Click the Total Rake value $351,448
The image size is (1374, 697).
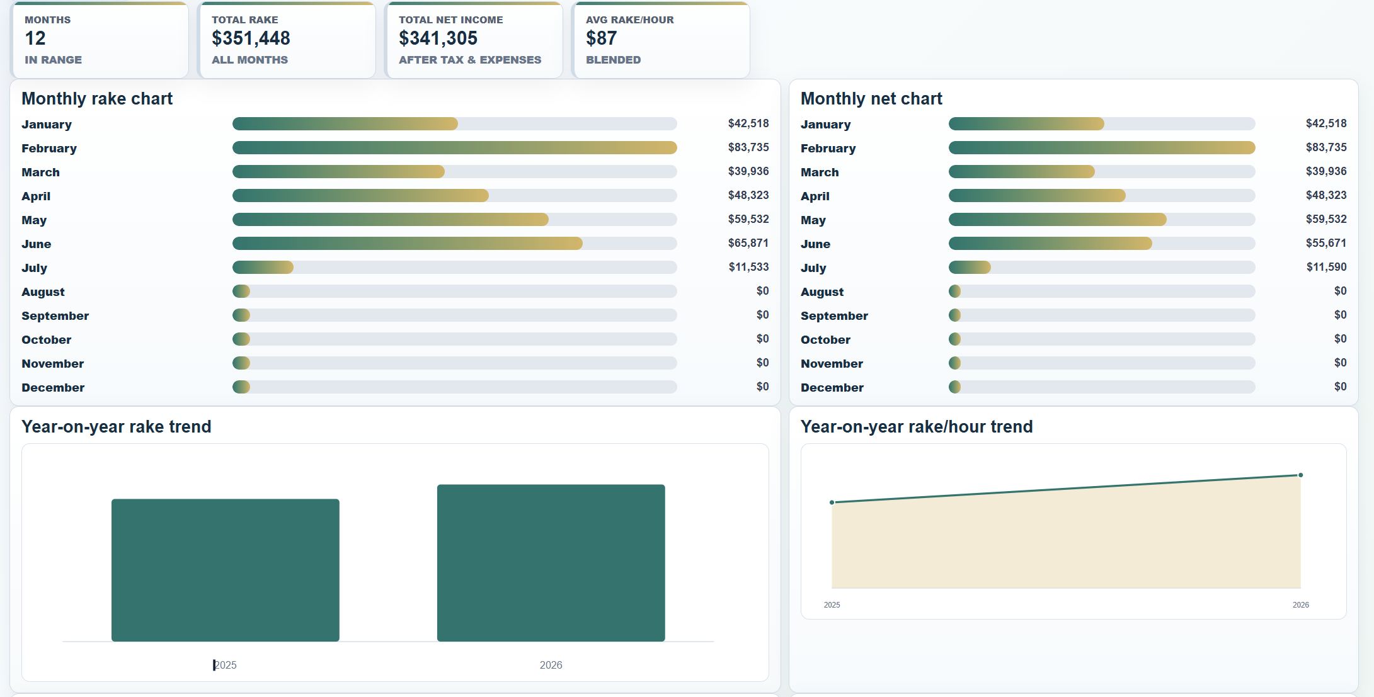[251, 38]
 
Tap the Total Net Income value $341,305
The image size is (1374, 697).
[438, 38]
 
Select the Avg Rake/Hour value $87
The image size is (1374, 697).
[601, 38]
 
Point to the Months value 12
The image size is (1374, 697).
[35, 38]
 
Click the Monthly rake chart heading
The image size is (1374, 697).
[97, 99]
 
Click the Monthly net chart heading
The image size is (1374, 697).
[871, 99]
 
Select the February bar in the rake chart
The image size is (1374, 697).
[455, 148]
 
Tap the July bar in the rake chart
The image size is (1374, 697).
[263, 268]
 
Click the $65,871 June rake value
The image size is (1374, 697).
[748, 243]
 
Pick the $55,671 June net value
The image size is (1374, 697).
[1326, 243]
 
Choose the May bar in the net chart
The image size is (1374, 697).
[1058, 220]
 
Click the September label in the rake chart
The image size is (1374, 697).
[55, 316]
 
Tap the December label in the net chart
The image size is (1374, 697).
[832, 388]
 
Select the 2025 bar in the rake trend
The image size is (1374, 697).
[226, 570]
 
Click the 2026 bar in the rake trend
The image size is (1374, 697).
[551, 563]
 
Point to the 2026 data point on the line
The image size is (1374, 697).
[1301, 475]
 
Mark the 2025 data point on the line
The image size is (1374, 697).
[832, 502]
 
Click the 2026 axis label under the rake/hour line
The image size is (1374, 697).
[1301, 605]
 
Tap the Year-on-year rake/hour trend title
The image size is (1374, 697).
[917, 427]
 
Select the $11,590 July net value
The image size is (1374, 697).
[1326, 267]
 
